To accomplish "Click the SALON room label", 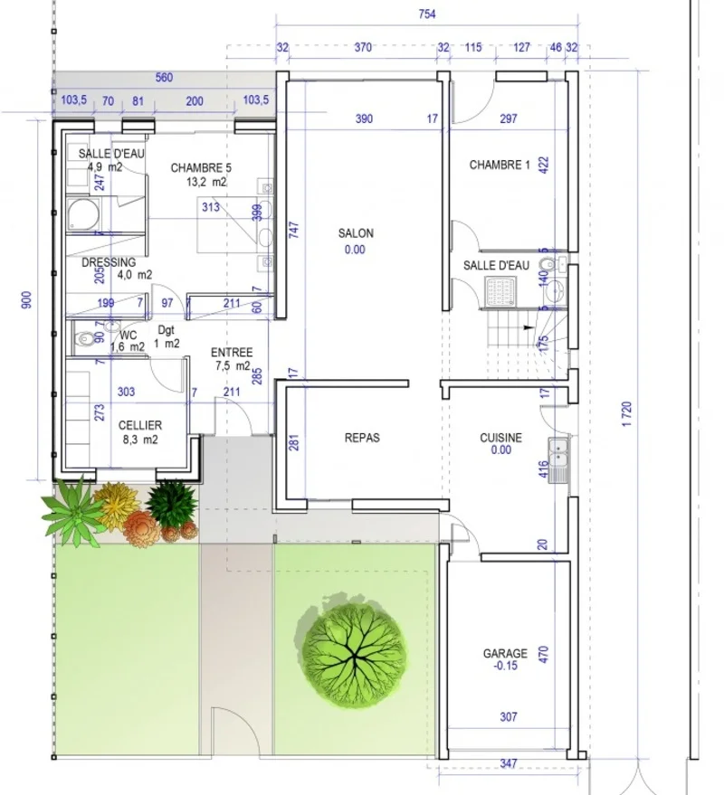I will [356, 233].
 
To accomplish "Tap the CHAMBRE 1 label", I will [500, 166].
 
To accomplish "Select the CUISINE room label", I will [500, 438].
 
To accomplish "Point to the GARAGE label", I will [505, 653].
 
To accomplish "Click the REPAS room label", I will [362, 438].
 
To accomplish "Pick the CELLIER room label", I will [139, 425].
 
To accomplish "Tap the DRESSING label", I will [109, 263].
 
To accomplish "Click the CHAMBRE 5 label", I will [201, 167].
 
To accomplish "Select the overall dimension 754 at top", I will [426, 14].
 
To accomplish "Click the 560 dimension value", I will [164, 78].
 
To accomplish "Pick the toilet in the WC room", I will [84, 339].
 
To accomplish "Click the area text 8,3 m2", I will [139, 440].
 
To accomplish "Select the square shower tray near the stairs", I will [500, 289].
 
